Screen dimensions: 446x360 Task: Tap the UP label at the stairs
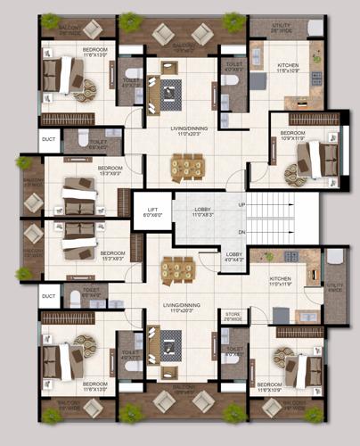click(241, 204)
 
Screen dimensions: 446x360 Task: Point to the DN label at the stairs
click(241, 232)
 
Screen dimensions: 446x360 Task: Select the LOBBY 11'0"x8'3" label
click(202, 212)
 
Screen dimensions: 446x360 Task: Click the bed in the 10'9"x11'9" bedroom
click(316, 159)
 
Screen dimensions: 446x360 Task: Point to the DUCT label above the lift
click(48, 139)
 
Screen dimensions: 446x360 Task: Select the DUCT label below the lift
click(48, 296)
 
